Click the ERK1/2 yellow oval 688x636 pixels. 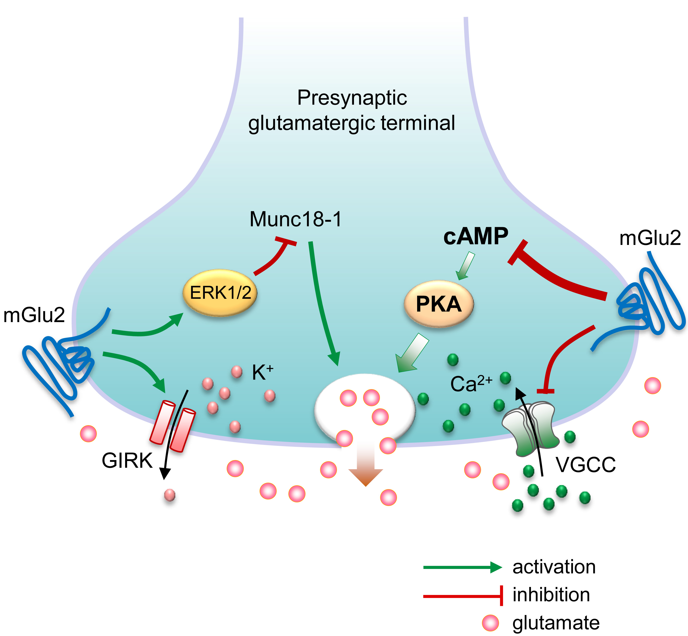[220, 293]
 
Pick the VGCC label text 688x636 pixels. [585, 465]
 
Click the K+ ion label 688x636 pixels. [262, 372]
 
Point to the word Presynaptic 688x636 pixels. [352, 98]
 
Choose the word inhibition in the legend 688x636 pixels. [551, 595]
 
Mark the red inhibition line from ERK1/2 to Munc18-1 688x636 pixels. [275, 259]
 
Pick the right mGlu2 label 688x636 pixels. [650, 238]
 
